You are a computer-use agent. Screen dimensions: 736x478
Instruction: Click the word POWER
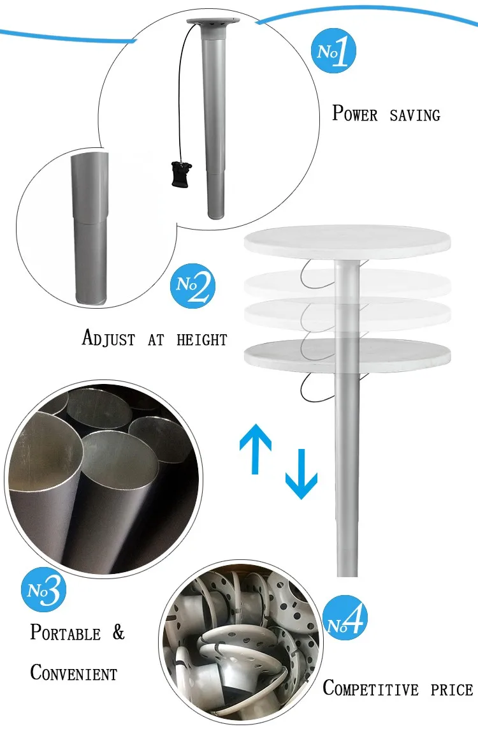click(355, 114)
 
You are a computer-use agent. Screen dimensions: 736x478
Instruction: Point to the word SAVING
click(415, 115)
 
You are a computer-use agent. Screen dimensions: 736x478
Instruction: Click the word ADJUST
click(108, 338)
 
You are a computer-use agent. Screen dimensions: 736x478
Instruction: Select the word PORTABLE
click(65, 633)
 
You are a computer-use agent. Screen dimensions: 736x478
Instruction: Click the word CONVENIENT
click(74, 672)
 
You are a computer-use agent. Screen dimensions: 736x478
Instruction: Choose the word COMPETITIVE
click(370, 689)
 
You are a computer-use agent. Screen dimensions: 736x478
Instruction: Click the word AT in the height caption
click(156, 340)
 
